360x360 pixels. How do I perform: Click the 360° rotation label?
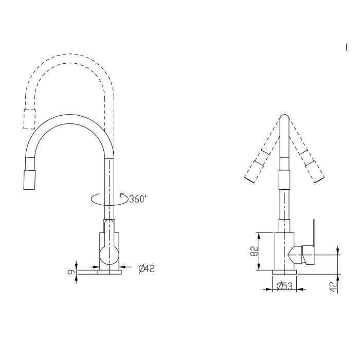point(137,199)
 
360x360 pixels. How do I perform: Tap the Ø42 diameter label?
point(147,267)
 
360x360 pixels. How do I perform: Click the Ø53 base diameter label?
point(284,286)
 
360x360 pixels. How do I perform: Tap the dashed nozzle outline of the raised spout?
point(29,119)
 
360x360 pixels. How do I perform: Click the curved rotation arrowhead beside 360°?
point(122,195)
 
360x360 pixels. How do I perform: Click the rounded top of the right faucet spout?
point(284,118)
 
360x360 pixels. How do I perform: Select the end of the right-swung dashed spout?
point(317,177)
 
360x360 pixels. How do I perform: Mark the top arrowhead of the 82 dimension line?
point(257,235)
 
